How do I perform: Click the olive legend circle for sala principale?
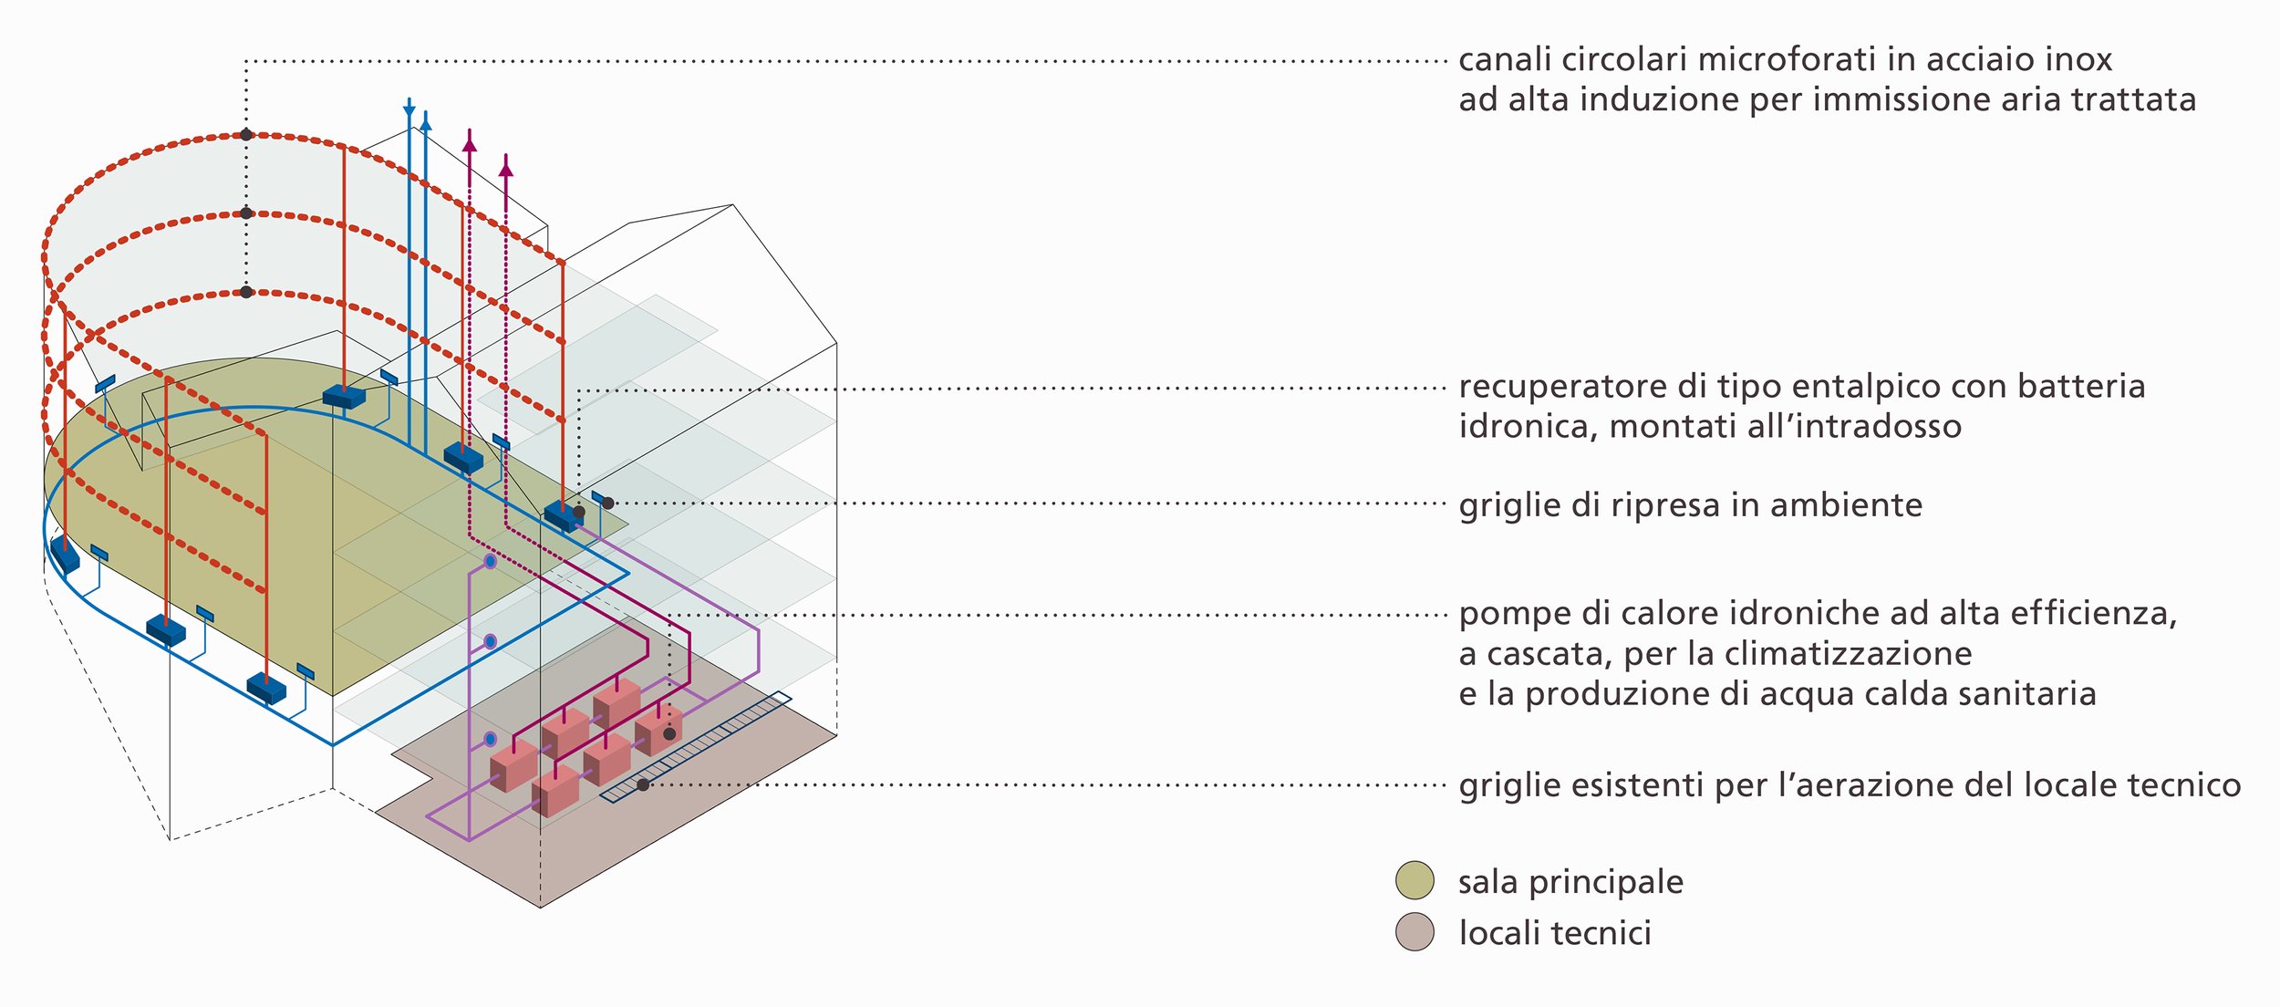pyautogui.click(x=1415, y=880)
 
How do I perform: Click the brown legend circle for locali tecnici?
pyautogui.click(x=1415, y=932)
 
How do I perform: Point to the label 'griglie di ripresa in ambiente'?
pyautogui.click(x=1690, y=504)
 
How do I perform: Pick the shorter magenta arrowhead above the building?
pyautogui.click(x=506, y=169)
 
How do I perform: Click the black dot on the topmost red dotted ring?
pyautogui.click(x=246, y=135)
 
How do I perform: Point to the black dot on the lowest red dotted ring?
pyautogui.click(x=246, y=292)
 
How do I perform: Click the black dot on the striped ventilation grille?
pyautogui.click(x=643, y=784)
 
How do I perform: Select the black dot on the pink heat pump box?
pyautogui.click(x=669, y=733)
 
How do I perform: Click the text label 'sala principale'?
pyautogui.click(x=1570, y=882)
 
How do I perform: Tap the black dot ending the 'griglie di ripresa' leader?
pyautogui.click(x=608, y=503)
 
